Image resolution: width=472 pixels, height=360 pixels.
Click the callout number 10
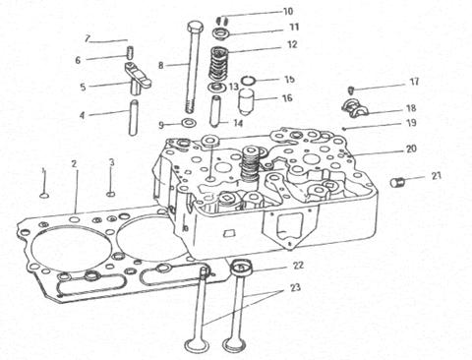point(287,12)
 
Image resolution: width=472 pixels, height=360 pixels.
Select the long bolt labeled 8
point(195,66)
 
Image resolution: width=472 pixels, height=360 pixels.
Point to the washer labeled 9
point(189,124)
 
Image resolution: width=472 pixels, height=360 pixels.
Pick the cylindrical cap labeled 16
point(247,101)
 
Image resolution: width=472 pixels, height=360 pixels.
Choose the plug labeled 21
point(397,182)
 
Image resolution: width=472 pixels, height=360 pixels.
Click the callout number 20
point(411,149)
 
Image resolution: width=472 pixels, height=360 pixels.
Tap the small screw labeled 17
point(350,90)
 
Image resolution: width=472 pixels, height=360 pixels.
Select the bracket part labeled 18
point(355,109)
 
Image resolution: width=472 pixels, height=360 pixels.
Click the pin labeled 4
point(133,117)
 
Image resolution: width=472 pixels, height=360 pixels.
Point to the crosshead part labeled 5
point(138,77)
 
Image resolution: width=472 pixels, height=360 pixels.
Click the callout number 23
point(295,287)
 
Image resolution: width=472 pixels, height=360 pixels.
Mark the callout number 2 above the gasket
point(75,164)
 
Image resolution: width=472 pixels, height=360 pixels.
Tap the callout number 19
point(411,123)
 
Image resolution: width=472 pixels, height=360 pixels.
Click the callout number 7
point(87,38)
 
